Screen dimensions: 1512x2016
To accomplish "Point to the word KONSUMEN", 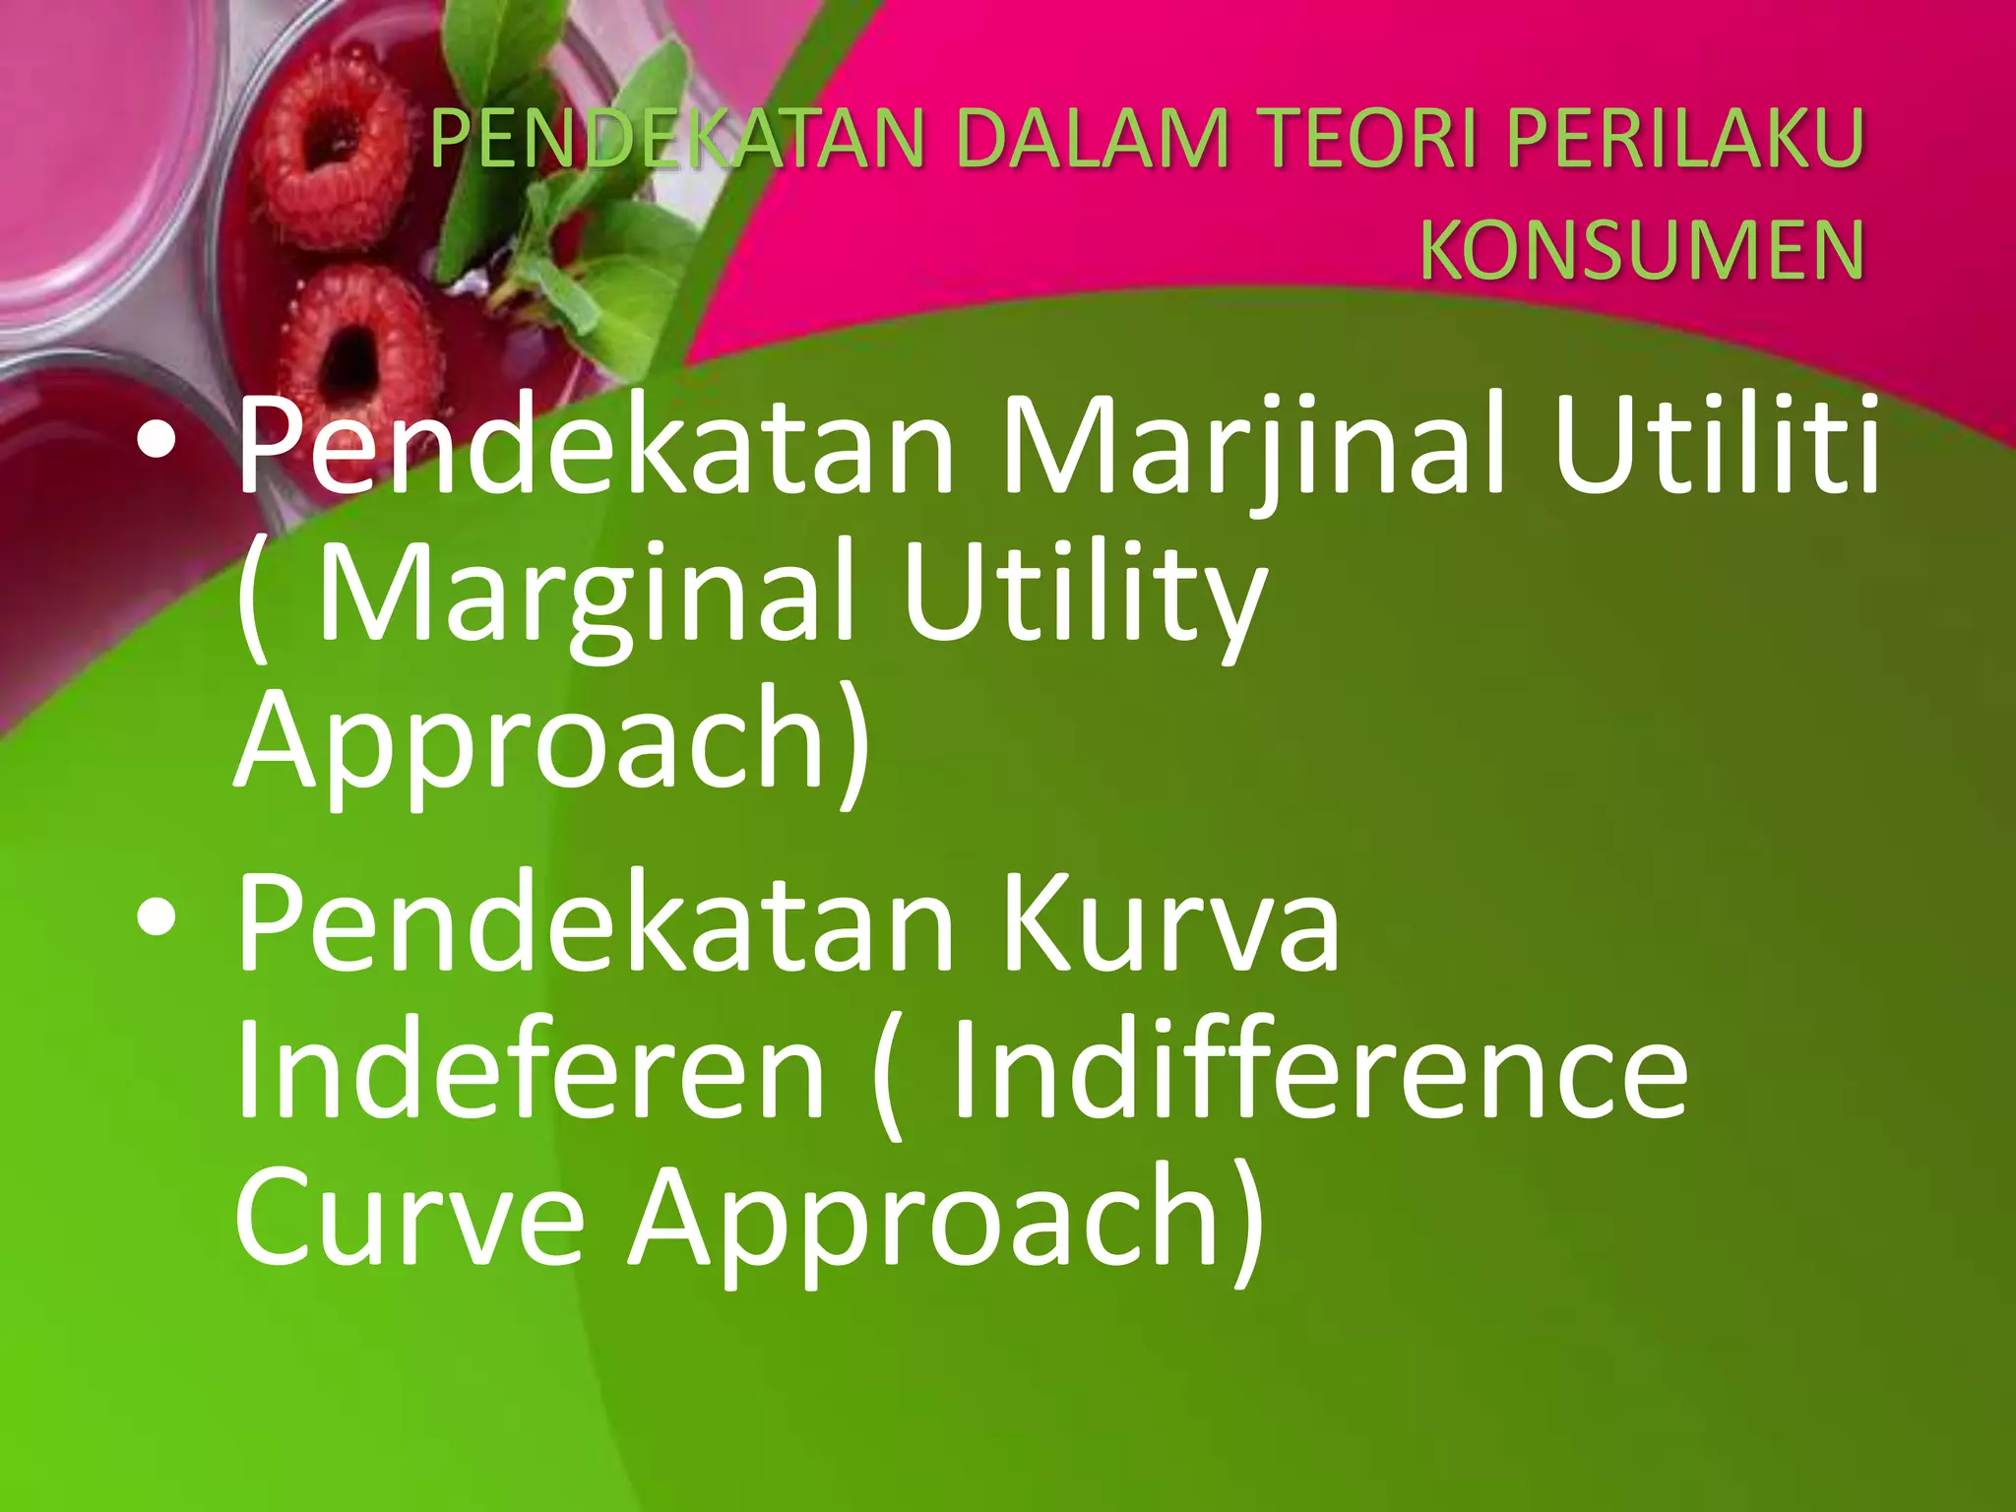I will (x=1641, y=250).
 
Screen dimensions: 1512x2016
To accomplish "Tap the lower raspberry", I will (x=359, y=349).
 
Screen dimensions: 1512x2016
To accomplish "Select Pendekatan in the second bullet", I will (x=595, y=925).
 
